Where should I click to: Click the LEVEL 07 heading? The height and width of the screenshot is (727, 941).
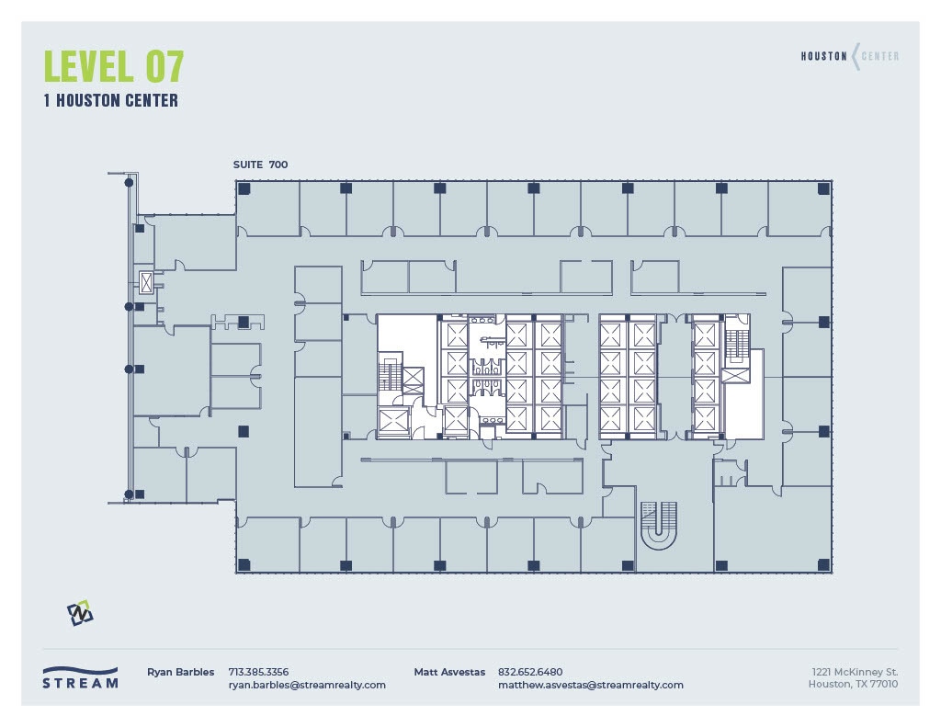(x=114, y=66)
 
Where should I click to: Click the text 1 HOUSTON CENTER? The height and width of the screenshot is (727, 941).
(x=111, y=100)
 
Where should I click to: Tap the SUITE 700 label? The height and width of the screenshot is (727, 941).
(x=260, y=165)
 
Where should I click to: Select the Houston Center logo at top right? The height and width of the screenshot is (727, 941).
(x=849, y=56)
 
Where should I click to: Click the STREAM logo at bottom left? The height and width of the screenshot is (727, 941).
(x=80, y=677)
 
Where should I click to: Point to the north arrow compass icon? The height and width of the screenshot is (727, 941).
(x=80, y=613)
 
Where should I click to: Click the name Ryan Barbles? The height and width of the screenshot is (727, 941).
(x=180, y=672)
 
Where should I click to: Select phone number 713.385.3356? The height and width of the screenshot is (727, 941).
(x=258, y=672)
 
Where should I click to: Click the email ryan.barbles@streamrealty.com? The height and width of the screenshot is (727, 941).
(x=307, y=685)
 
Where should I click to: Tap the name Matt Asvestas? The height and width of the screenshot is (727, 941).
(x=449, y=672)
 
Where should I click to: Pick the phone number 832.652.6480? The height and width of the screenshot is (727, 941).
(x=530, y=672)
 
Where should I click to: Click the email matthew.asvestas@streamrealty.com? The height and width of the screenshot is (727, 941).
(x=591, y=685)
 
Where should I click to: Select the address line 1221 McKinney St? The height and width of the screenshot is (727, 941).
(x=854, y=672)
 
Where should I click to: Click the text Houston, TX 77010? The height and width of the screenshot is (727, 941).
(x=853, y=684)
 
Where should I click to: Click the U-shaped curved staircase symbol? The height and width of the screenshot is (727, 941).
(x=658, y=524)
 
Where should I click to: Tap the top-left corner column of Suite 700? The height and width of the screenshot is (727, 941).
(x=244, y=188)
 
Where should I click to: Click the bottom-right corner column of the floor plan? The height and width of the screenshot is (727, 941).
(x=823, y=564)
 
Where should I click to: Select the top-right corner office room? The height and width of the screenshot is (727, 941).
(x=799, y=209)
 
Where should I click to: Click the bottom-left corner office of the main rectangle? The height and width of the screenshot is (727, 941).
(x=267, y=544)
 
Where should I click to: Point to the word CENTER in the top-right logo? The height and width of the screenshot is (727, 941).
(x=880, y=56)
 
